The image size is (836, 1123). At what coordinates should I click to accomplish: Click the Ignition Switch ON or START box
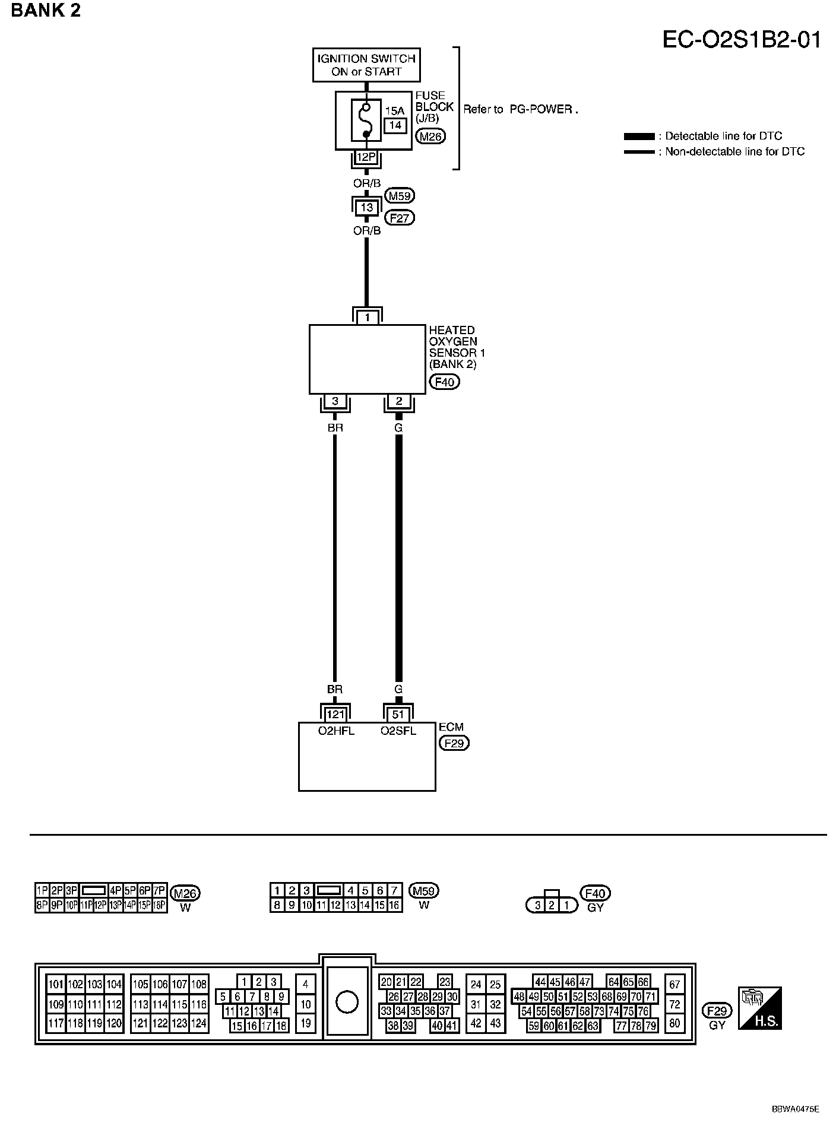(x=366, y=65)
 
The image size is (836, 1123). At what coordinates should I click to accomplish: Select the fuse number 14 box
(x=395, y=125)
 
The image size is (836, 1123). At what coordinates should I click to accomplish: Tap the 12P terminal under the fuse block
(x=366, y=157)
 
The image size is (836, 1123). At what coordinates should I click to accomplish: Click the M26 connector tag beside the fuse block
(x=430, y=137)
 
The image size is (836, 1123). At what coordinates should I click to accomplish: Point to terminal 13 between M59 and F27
(x=366, y=207)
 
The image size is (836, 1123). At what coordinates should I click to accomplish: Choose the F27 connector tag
(x=400, y=218)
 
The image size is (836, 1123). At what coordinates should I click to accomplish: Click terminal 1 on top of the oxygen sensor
(x=367, y=318)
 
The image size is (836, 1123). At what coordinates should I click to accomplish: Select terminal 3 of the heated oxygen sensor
(x=335, y=402)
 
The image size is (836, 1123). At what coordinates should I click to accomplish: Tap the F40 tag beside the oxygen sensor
(x=444, y=382)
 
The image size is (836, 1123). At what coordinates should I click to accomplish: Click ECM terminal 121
(x=335, y=715)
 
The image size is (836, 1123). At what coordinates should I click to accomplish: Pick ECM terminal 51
(x=398, y=715)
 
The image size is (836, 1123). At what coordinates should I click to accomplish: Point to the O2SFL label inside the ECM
(x=398, y=731)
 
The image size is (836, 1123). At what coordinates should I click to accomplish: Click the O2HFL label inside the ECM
(x=335, y=731)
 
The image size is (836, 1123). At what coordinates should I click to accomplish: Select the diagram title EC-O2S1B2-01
(x=742, y=40)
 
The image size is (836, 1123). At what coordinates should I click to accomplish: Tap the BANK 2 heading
(x=45, y=10)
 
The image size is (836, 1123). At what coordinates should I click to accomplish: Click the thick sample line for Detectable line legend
(x=639, y=137)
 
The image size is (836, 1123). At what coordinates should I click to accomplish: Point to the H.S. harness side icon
(x=759, y=1008)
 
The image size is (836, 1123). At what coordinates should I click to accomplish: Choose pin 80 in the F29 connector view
(x=674, y=1023)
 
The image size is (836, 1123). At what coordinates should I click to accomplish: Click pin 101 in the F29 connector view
(x=56, y=984)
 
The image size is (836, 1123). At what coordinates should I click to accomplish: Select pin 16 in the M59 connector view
(x=394, y=905)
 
